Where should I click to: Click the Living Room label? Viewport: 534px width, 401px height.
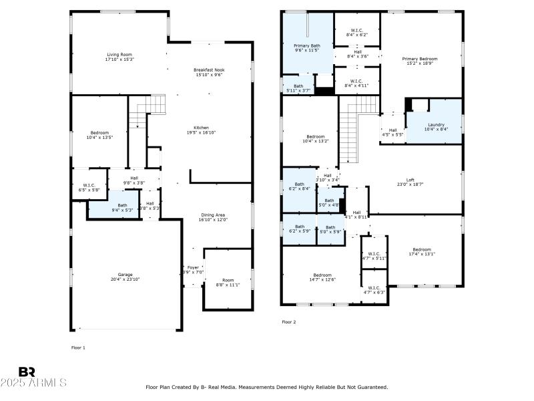pos(119,54)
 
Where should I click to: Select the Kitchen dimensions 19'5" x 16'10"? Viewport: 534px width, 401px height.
pos(201,132)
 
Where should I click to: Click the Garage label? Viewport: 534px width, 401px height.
pos(125,275)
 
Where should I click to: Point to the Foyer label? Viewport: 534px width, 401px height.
pos(193,267)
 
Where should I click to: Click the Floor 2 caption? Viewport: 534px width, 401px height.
pos(288,322)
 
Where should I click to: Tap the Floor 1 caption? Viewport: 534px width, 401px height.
pos(78,348)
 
